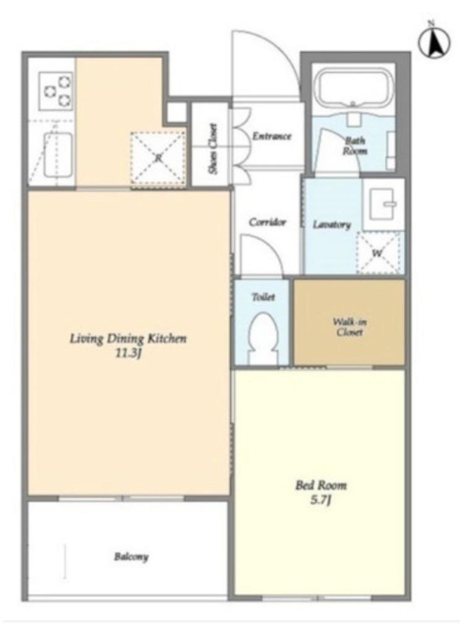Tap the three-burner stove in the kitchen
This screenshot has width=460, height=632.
(56, 91)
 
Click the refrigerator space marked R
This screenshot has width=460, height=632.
(158, 159)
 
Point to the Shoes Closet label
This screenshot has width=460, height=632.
(213, 149)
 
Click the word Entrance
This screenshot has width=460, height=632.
(272, 136)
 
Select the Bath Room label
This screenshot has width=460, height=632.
(355, 146)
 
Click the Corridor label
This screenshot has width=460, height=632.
(267, 222)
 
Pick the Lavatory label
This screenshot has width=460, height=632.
(332, 225)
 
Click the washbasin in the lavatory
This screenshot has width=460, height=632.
(383, 205)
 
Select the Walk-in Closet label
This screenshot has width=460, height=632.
(349, 327)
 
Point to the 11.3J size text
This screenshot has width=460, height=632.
(128, 354)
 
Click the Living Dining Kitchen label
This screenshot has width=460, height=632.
(129, 339)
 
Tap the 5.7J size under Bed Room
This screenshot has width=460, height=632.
(321, 501)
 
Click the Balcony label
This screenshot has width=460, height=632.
(131, 557)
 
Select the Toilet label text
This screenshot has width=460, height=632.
(263, 297)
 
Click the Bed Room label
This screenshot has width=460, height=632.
(321, 485)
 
